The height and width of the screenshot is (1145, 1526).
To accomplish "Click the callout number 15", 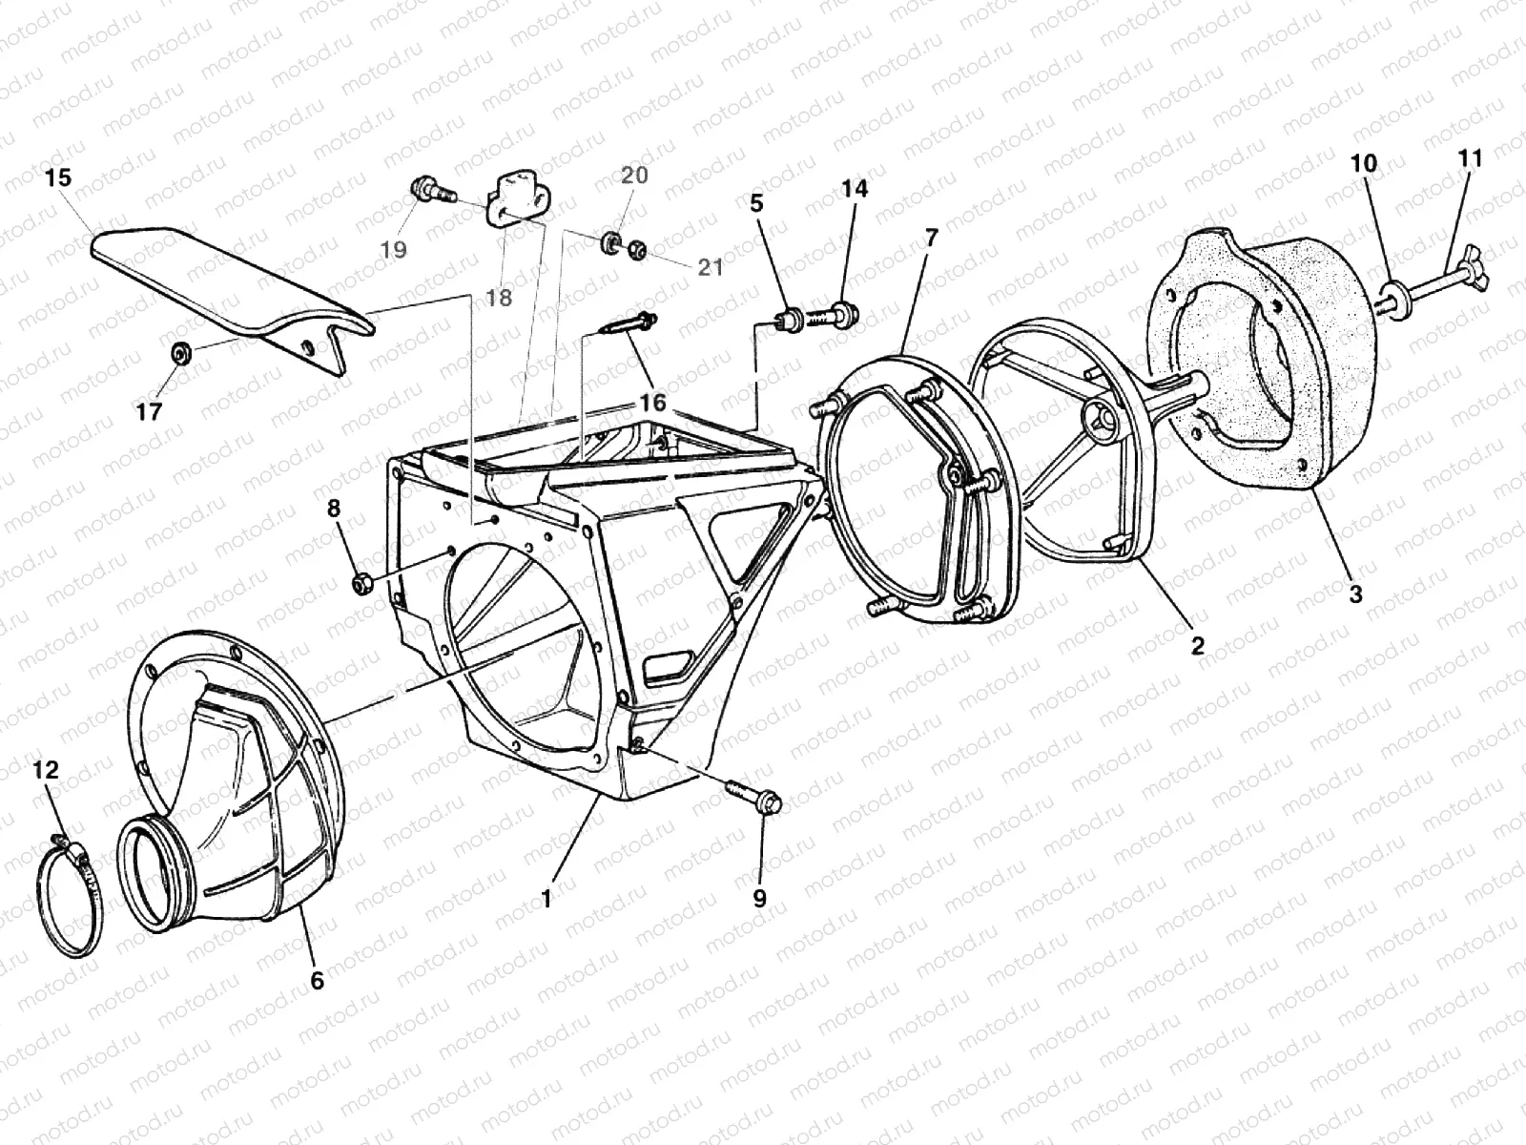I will pyautogui.click(x=57, y=178).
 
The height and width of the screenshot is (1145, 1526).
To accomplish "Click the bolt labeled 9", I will pyautogui.click(x=753, y=797).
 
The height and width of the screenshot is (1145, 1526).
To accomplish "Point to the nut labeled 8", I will pyautogui.click(x=361, y=582).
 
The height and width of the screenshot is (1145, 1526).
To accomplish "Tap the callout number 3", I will pyautogui.click(x=1355, y=593).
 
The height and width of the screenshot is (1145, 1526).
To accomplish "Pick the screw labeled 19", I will pyautogui.click(x=430, y=192).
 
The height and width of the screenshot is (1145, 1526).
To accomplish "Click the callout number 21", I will pyautogui.click(x=711, y=268).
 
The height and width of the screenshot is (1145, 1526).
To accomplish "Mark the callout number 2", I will pyautogui.click(x=1197, y=645).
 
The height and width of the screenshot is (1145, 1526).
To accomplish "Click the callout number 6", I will pyautogui.click(x=317, y=980).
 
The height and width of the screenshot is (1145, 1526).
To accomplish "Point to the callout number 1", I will pyautogui.click(x=546, y=898).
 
